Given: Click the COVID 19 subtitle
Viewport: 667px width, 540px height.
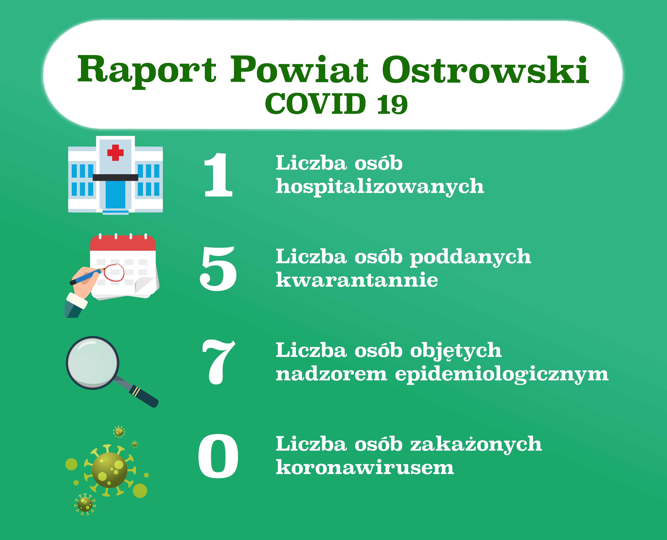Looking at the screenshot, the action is (336, 104).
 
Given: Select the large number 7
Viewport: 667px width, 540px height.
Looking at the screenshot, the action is (219, 362).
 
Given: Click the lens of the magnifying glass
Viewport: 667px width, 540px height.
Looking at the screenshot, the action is (92, 363).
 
